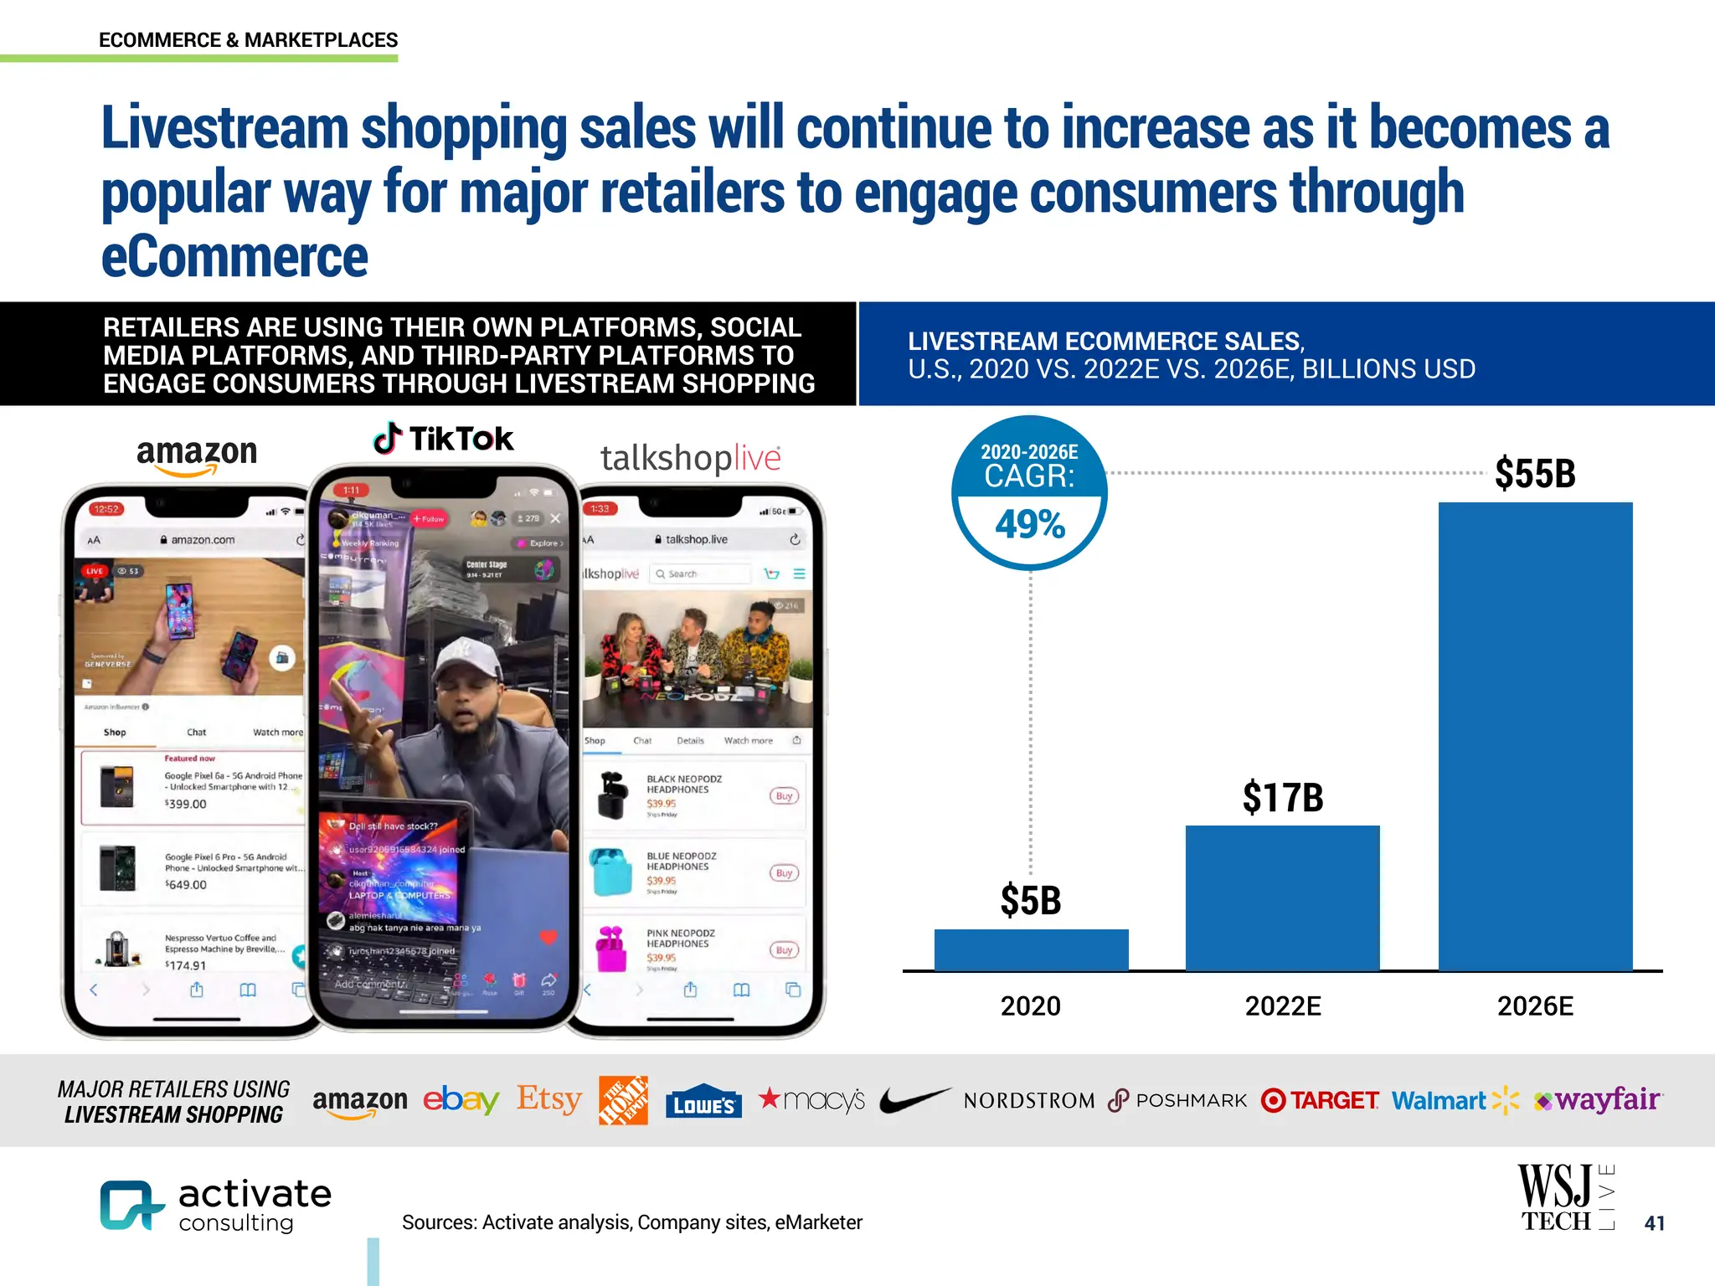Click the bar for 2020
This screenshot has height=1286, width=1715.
[x=1031, y=949]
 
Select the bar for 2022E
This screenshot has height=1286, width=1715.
[x=1282, y=898]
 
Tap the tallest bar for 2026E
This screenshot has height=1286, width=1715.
[x=1535, y=736]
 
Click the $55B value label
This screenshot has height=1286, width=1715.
[x=1535, y=474]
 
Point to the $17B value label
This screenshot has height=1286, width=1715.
[x=1282, y=797]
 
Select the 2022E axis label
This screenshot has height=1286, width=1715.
[x=1282, y=1006]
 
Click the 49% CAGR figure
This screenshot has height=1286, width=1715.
[x=1030, y=525]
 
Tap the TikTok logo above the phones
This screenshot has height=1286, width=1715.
[x=443, y=439]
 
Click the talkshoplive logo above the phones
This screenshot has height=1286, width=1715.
[x=690, y=458]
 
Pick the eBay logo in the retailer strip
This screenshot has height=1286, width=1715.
[x=461, y=1099]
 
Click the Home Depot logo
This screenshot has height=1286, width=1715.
[x=623, y=1100]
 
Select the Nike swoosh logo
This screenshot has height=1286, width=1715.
[x=914, y=1099]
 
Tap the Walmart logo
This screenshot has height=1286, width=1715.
[x=1455, y=1100]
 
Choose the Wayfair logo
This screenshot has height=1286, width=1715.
[x=1598, y=1099]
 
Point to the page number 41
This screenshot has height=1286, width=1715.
[x=1654, y=1223]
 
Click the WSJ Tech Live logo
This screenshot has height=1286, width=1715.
[x=1565, y=1198]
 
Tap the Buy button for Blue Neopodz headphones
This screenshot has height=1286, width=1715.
[x=784, y=873]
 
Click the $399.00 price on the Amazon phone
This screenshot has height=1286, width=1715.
[x=186, y=805]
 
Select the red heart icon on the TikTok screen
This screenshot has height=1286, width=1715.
[x=548, y=937]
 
